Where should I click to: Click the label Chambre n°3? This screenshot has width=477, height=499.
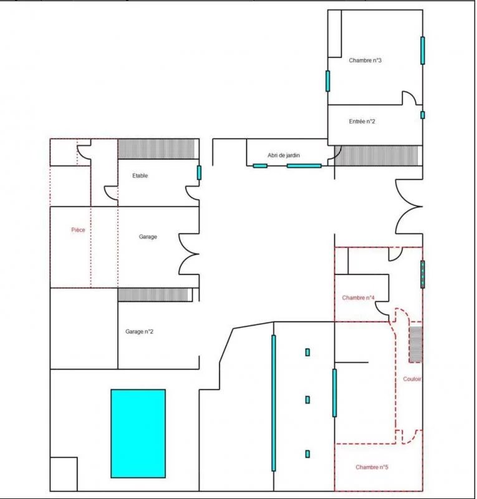[365, 60]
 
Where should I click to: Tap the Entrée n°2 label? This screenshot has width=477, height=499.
[362, 121]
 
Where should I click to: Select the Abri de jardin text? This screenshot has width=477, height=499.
[284, 155]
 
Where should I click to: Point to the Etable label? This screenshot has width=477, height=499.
[140, 175]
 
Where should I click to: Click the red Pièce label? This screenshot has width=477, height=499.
[78, 230]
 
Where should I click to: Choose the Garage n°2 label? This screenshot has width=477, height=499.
[139, 331]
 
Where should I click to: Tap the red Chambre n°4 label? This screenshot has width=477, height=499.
[358, 298]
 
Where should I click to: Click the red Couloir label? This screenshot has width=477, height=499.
[412, 379]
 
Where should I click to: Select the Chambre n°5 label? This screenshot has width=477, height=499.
[372, 467]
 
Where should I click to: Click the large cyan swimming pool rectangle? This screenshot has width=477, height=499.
[138, 434]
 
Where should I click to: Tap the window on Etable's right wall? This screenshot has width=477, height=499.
[199, 173]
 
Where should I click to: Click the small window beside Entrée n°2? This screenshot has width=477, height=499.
[423, 115]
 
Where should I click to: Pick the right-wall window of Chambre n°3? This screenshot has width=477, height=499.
[423, 51]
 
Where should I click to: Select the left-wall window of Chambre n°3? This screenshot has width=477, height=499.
[328, 81]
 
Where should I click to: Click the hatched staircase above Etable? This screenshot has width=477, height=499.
[156, 149]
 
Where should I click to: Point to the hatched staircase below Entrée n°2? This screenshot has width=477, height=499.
[378, 155]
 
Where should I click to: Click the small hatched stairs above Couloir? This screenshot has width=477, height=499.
[416, 345]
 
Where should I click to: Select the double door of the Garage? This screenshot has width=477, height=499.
[189, 254]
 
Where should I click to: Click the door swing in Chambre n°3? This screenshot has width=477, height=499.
[409, 98]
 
